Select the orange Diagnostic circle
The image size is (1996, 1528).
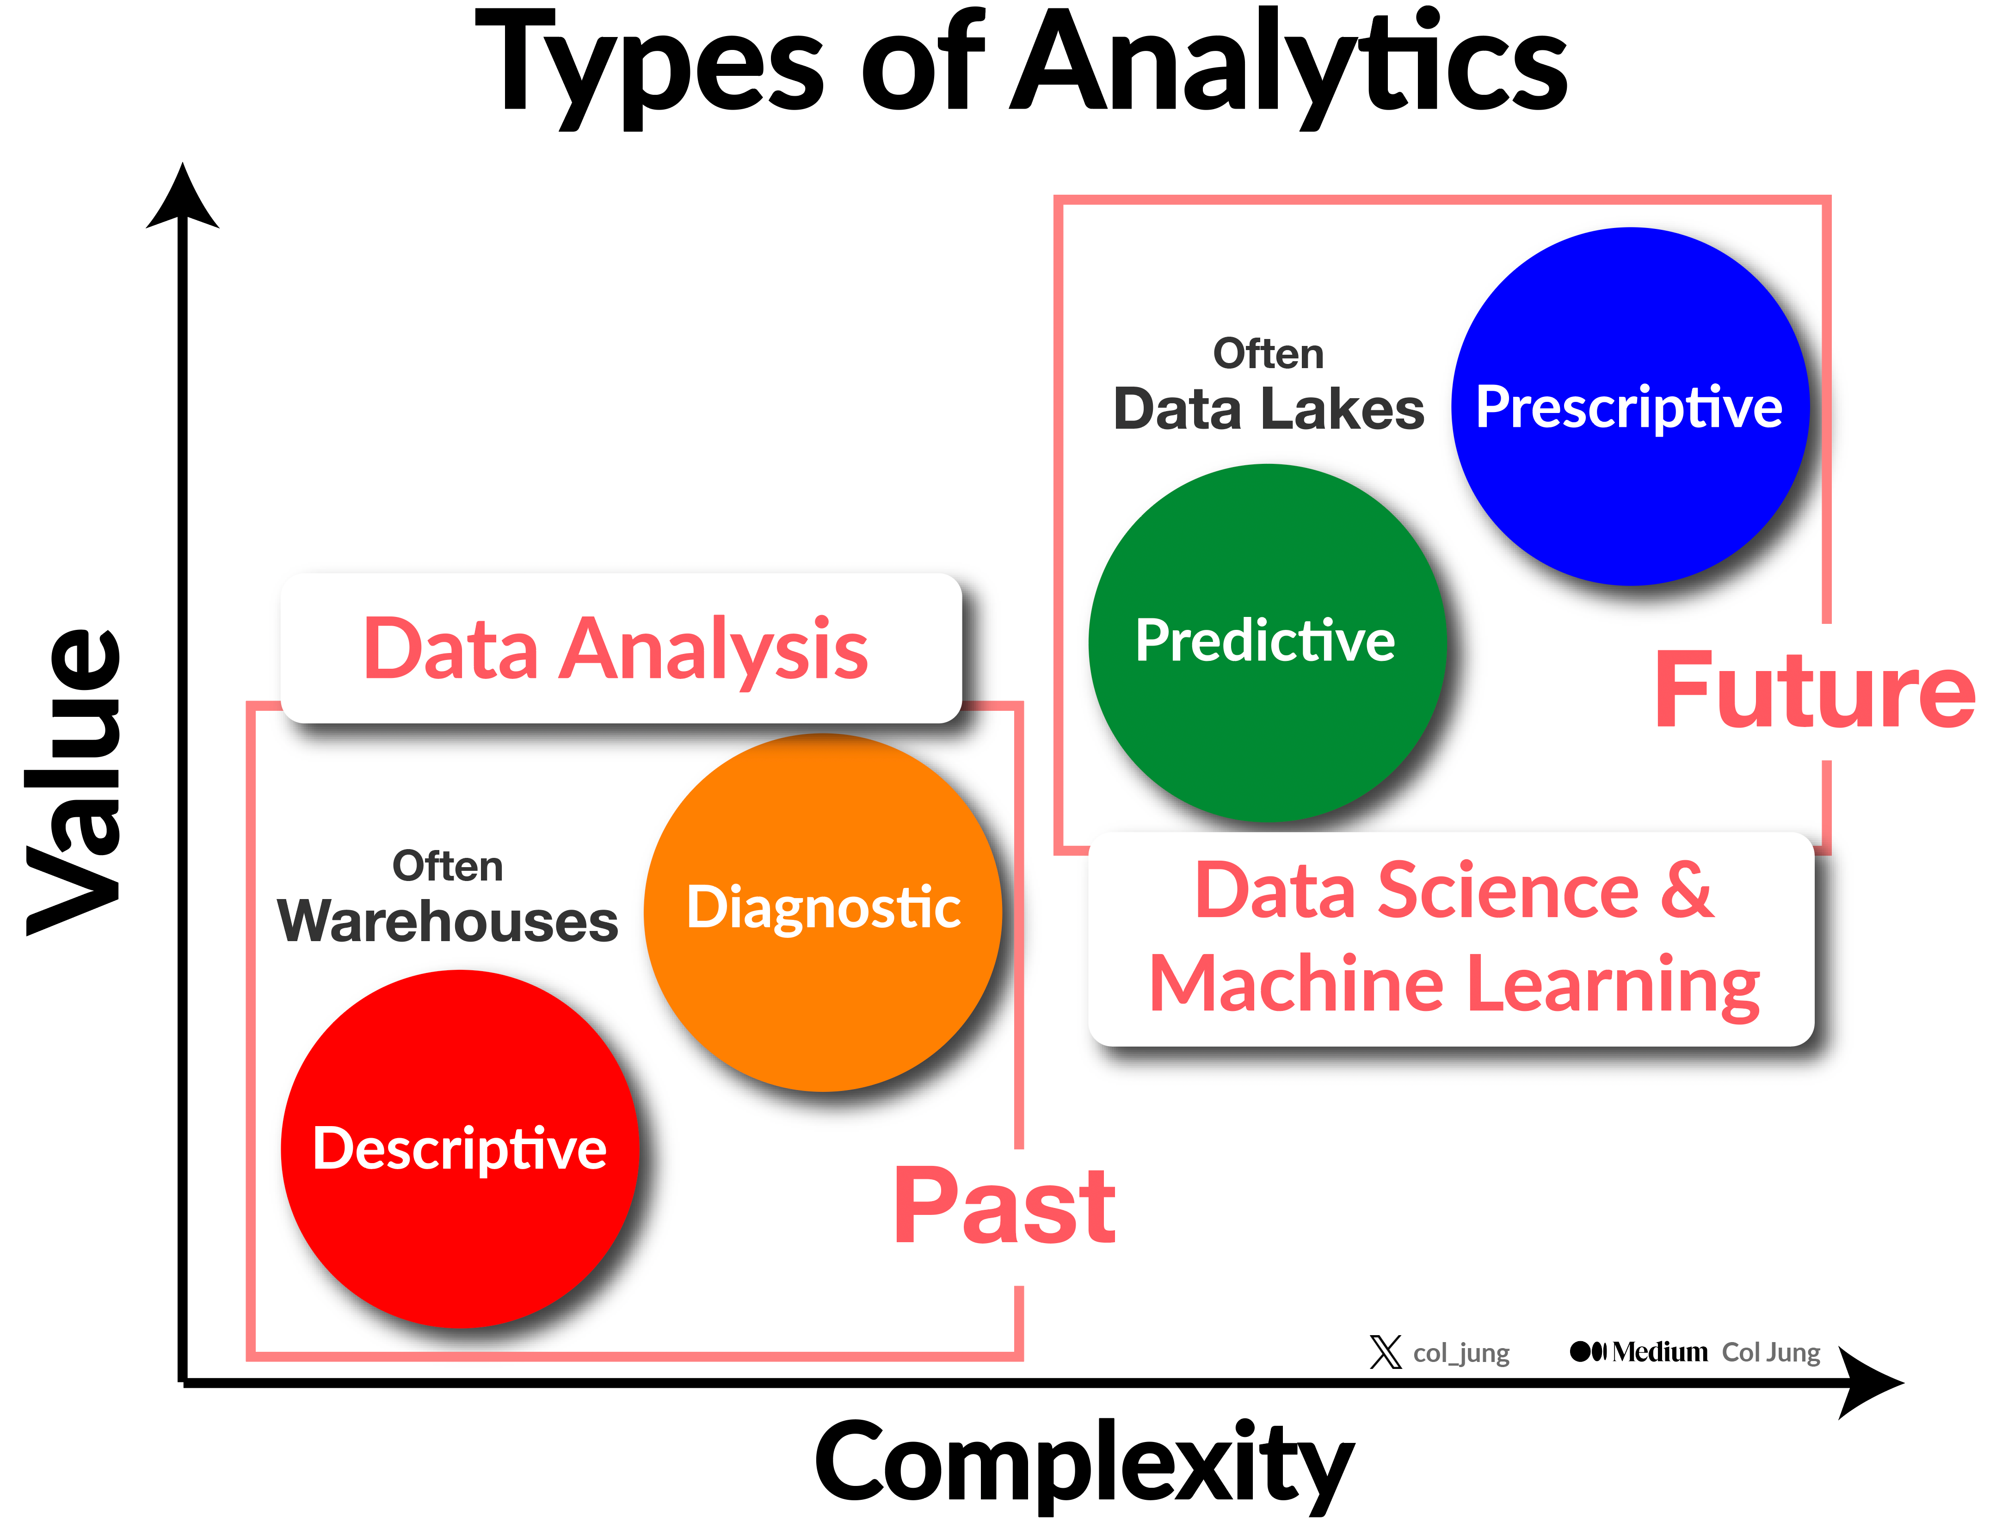(823, 912)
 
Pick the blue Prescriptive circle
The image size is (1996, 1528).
(1631, 407)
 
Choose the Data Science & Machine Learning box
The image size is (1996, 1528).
(1451, 939)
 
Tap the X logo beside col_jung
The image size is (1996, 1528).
(1386, 1351)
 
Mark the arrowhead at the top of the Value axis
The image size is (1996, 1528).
(183, 196)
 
